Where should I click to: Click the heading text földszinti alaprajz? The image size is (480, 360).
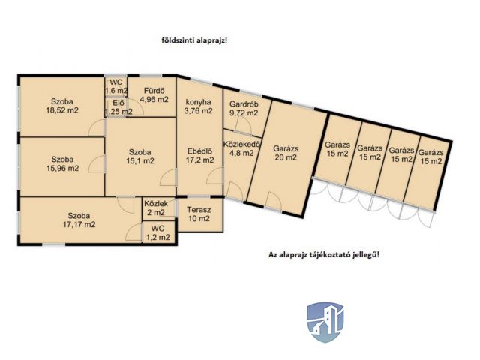click(x=193, y=40)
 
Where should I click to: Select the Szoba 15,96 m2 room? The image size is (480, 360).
click(x=62, y=163)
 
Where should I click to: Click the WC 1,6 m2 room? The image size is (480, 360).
click(x=115, y=86)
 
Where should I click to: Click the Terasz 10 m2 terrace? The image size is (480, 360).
click(x=199, y=214)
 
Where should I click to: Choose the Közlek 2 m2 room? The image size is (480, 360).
click(x=156, y=207)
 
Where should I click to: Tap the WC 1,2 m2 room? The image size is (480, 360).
click(x=157, y=232)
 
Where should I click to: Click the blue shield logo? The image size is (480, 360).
click(x=324, y=322)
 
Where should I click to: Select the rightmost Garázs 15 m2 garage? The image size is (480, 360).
click(x=430, y=155)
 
